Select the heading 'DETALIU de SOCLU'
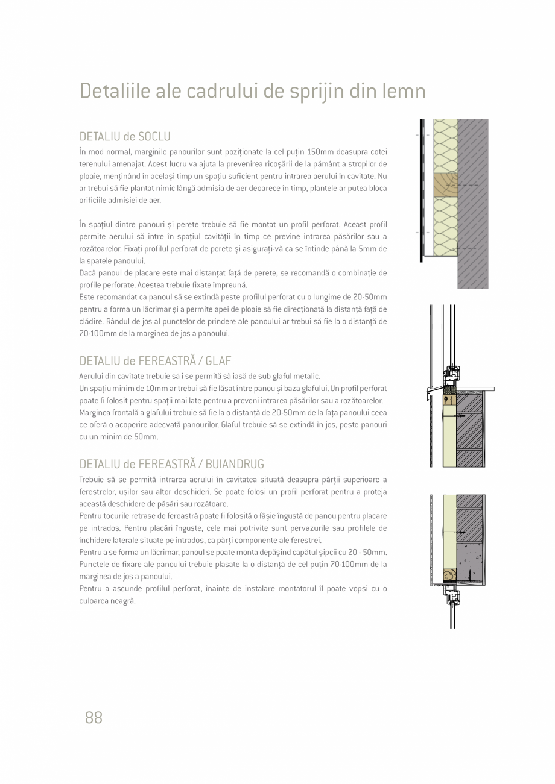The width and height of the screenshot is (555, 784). click(x=125, y=136)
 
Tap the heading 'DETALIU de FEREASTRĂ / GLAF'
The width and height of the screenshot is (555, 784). click(x=156, y=361)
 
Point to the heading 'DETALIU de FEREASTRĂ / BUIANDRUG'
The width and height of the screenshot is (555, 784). click(x=172, y=464)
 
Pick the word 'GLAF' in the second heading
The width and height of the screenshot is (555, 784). click(x=218, y=361)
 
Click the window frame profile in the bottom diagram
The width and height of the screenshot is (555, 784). click(x=451, y=598)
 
